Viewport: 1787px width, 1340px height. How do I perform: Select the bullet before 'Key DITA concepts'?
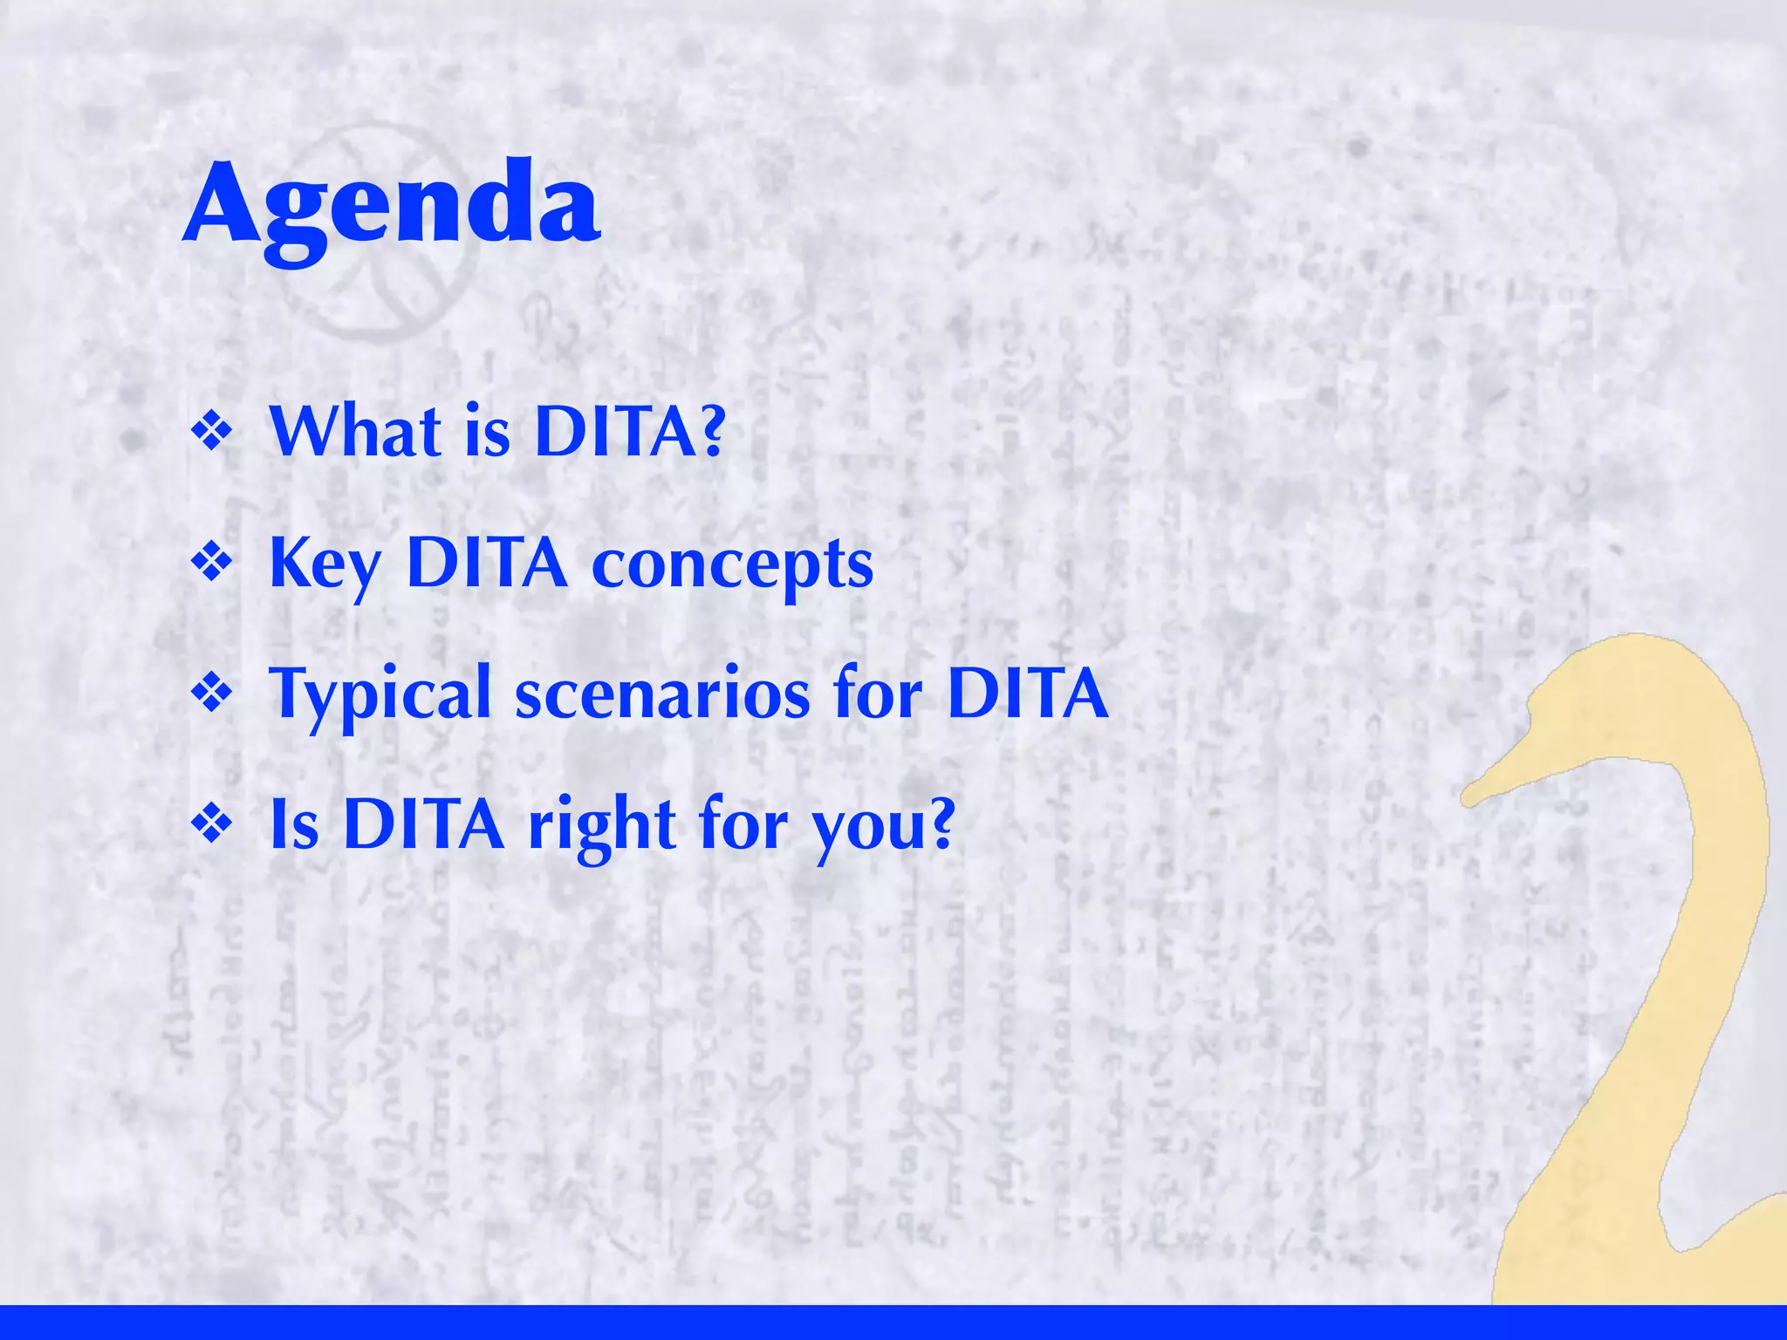pos(212,563)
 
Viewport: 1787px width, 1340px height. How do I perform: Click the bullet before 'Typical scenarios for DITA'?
pos(212,694)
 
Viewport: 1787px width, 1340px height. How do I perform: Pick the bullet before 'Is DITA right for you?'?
pos(212,824)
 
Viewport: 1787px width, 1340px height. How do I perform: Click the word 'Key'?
pos(325,565)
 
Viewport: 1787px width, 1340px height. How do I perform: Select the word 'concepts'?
pos(732,565)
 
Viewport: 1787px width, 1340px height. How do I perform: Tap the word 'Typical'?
pos(380,694)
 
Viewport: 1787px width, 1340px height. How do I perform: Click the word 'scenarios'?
pos(662,694)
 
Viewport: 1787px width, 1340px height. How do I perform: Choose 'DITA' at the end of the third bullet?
pos(1027,693)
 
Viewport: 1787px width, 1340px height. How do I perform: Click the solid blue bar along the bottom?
pos(893,1323)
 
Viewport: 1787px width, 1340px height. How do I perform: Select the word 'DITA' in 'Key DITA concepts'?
pos(486,564)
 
